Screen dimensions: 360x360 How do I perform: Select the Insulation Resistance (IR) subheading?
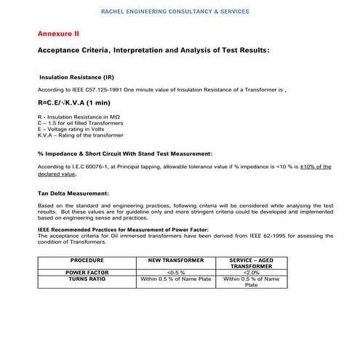(x=76, y=76)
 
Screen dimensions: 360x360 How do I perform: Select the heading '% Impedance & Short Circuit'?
(x=124, y=154)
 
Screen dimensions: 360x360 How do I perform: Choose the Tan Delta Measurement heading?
(x=73, y=193)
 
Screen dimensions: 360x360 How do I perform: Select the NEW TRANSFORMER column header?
(x=175, y=260)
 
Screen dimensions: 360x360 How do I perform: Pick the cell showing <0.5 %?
(x=175, y=272)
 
